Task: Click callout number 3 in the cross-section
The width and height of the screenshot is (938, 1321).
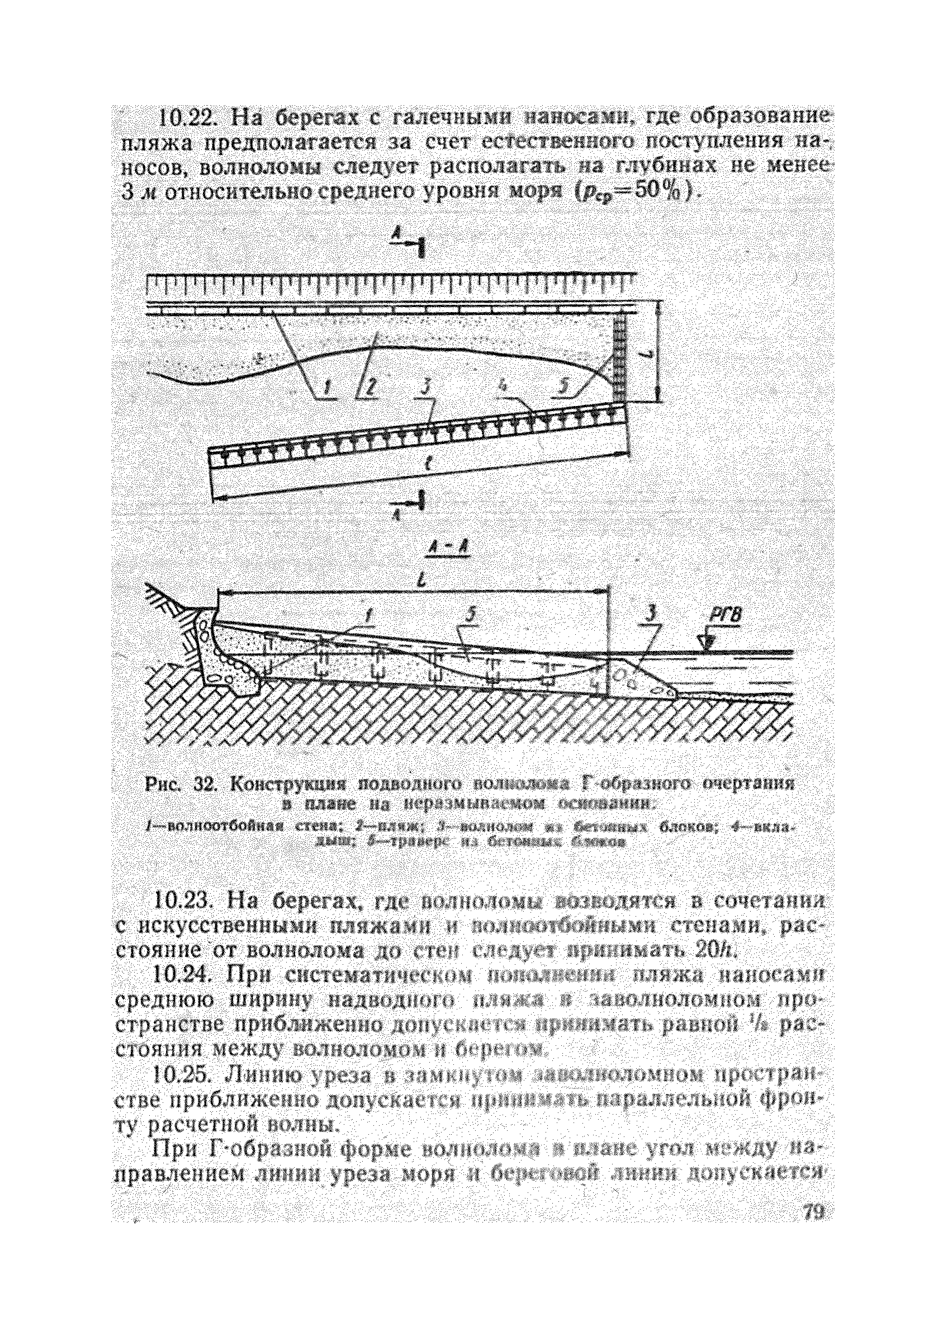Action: click(652, 616)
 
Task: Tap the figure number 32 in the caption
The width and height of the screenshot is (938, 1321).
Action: click(198, 785)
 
